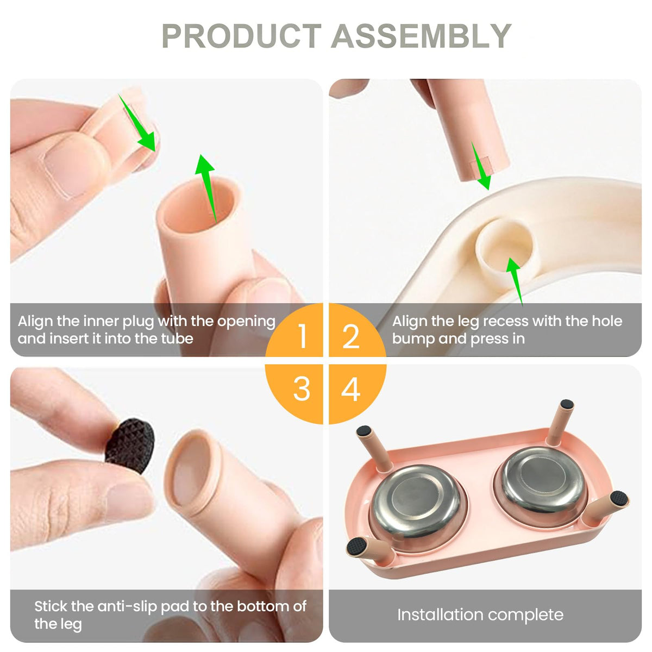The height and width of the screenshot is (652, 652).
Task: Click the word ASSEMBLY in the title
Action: point(421,36)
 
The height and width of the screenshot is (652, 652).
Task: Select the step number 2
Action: point(350,336)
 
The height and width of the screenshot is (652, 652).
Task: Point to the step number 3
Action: point(302,389)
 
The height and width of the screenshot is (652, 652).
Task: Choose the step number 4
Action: point(350,389)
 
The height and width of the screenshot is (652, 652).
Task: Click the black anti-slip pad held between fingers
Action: point(130,446)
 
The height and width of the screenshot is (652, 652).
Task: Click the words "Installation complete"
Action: point(480,615)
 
